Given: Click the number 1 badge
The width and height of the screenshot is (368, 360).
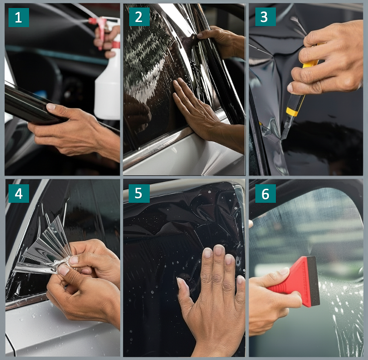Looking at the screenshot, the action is click(x=19, y=18).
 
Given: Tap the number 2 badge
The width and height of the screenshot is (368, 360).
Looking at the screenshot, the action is click(x=139, y=17).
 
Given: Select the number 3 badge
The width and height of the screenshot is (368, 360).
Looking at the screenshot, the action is click(x=265, y=17).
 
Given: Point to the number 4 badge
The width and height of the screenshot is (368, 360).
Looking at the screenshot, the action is click(x=19, y=193).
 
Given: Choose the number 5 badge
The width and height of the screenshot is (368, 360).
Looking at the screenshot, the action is click(x=139, y=193).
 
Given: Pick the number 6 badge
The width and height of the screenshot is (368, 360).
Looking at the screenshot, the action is click(x=265, y=193).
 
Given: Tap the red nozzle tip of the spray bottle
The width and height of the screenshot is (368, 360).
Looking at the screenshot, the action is click(x=92, y=21).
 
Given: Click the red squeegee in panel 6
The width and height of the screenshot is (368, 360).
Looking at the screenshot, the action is click(x=296, y=281).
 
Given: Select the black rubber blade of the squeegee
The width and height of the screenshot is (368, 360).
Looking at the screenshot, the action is click(x=313, y=281).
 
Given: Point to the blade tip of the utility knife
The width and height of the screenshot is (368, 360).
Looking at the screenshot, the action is click(x=282, y=139).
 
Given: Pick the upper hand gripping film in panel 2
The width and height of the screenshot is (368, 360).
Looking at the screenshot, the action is click(x=221, y=42).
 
